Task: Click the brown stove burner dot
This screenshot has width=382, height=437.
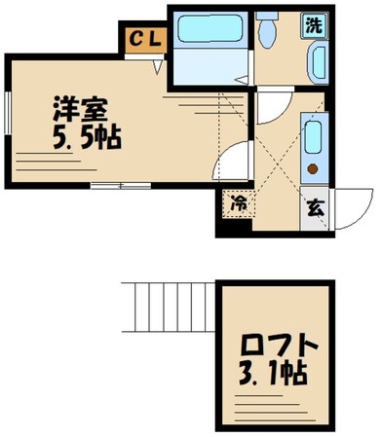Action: [313, 167]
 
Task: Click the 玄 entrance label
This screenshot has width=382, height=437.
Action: [315, 205]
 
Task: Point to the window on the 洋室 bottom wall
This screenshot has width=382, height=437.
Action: [106, 185]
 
